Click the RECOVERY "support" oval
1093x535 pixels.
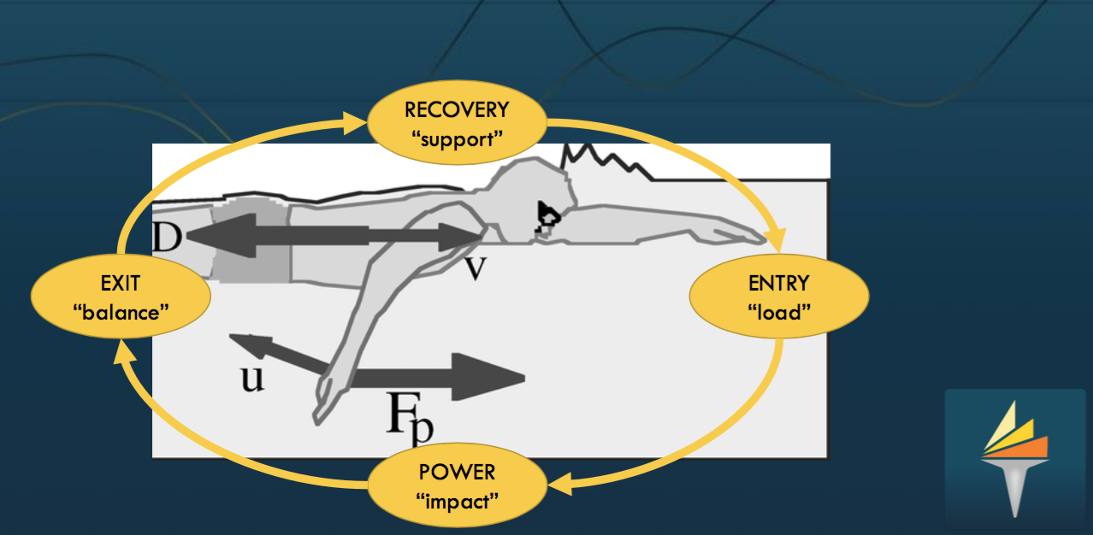[x=456, y=123]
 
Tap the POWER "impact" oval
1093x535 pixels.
[x=457, y=485]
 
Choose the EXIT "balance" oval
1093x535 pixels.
[x=120, y=297]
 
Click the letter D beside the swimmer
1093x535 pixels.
[x=166, y=238]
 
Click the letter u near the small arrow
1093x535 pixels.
[x=251, y=377]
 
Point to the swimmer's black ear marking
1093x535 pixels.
[x=546, y=216]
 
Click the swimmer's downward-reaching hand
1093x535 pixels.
[x=324, y=402]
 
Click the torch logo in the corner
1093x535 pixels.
[x=1014, y=453]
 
